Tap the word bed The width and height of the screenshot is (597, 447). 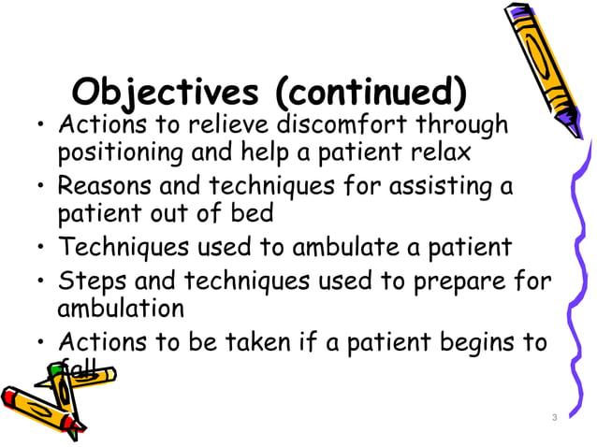pyautogui.click(x=253, y=213)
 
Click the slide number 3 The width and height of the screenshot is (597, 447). pyautogui.click(x=554, y=417)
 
